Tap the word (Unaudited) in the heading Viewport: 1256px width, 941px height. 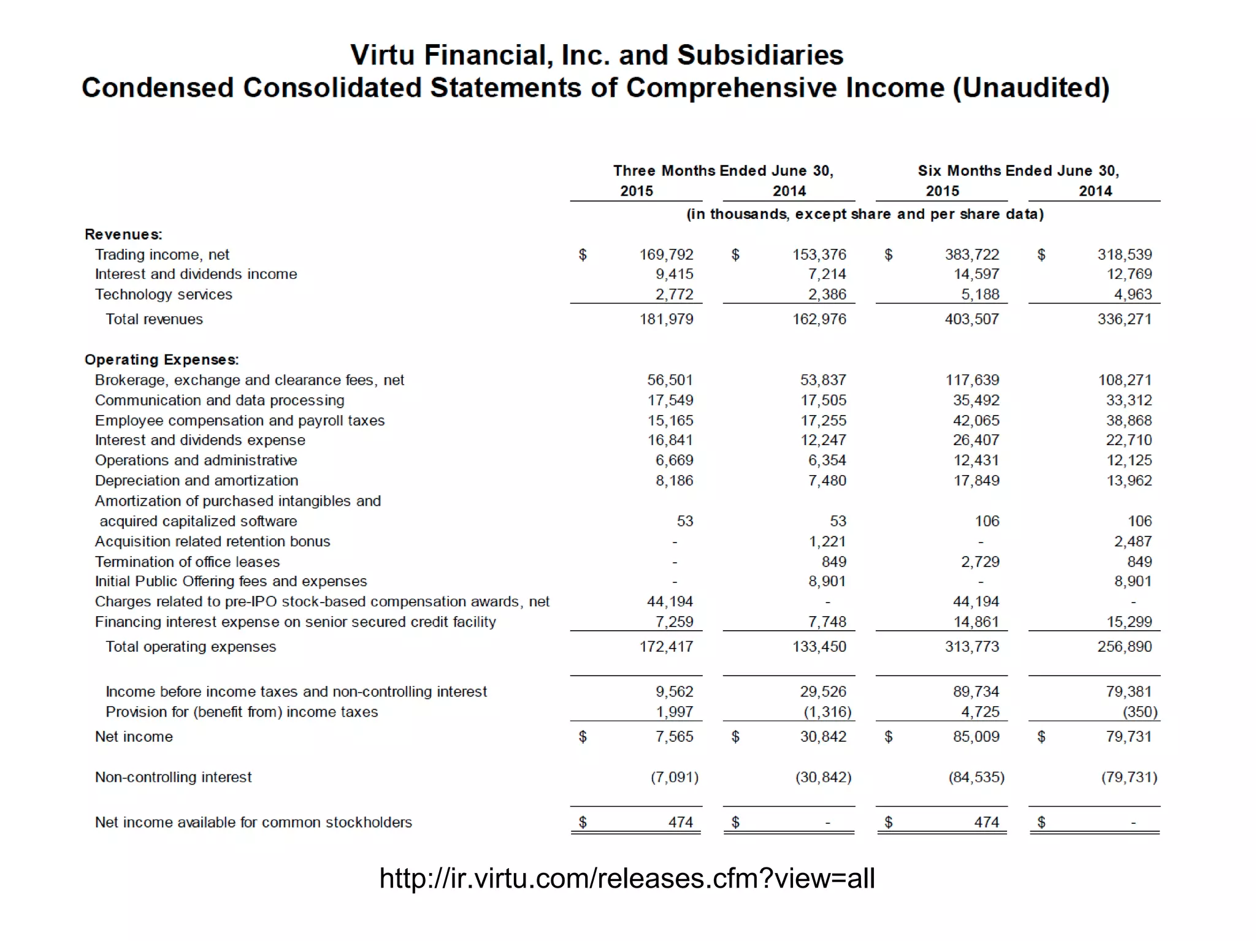[x=1030, y=88]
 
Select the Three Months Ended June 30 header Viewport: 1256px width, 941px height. [x=723, y=170]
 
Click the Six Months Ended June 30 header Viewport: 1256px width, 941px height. [x=1018, y=170]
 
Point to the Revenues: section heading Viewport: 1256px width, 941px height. [x=123, y=234]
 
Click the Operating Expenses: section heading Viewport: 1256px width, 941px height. [x=162, y=359]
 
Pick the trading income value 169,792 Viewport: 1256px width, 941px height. [x=666, y=254]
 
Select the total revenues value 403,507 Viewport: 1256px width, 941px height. [x=971, y=319]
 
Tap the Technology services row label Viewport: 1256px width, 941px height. [x=163, y=294]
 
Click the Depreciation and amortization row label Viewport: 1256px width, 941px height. [x=196, y=481]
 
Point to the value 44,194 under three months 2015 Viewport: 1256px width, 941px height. [x=670, y=601]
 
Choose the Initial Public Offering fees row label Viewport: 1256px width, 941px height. [x=231, y=581]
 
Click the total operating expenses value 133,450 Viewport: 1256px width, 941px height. [x=819, y=647]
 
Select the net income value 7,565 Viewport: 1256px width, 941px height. [x=674, y=736]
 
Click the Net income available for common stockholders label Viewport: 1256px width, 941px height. [x=253, y=822]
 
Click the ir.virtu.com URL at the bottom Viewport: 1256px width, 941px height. [x=627, y=878]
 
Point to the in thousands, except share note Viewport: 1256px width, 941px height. [x=865, y=214]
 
